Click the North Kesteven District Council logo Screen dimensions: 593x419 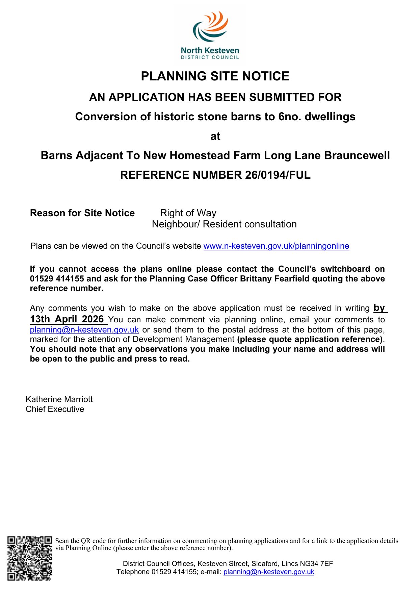(210, 35)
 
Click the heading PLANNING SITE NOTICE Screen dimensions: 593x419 (215, 76)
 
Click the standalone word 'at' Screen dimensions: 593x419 (215, 136)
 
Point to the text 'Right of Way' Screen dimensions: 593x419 (188, 213)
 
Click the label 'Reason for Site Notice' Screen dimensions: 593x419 (82, 213)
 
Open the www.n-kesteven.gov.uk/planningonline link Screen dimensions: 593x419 (276, 246)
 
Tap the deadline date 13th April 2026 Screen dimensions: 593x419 (67, 319)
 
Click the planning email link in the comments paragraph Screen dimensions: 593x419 (84, 330)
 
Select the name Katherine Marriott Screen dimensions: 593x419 (59, 399)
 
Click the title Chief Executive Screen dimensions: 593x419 (55, 409)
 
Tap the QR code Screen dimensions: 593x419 (30, 559)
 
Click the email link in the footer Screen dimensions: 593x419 (269, 572)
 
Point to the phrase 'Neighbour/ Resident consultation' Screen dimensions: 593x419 (224, 224)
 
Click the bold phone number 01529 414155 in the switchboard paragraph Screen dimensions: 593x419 (57, 279)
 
